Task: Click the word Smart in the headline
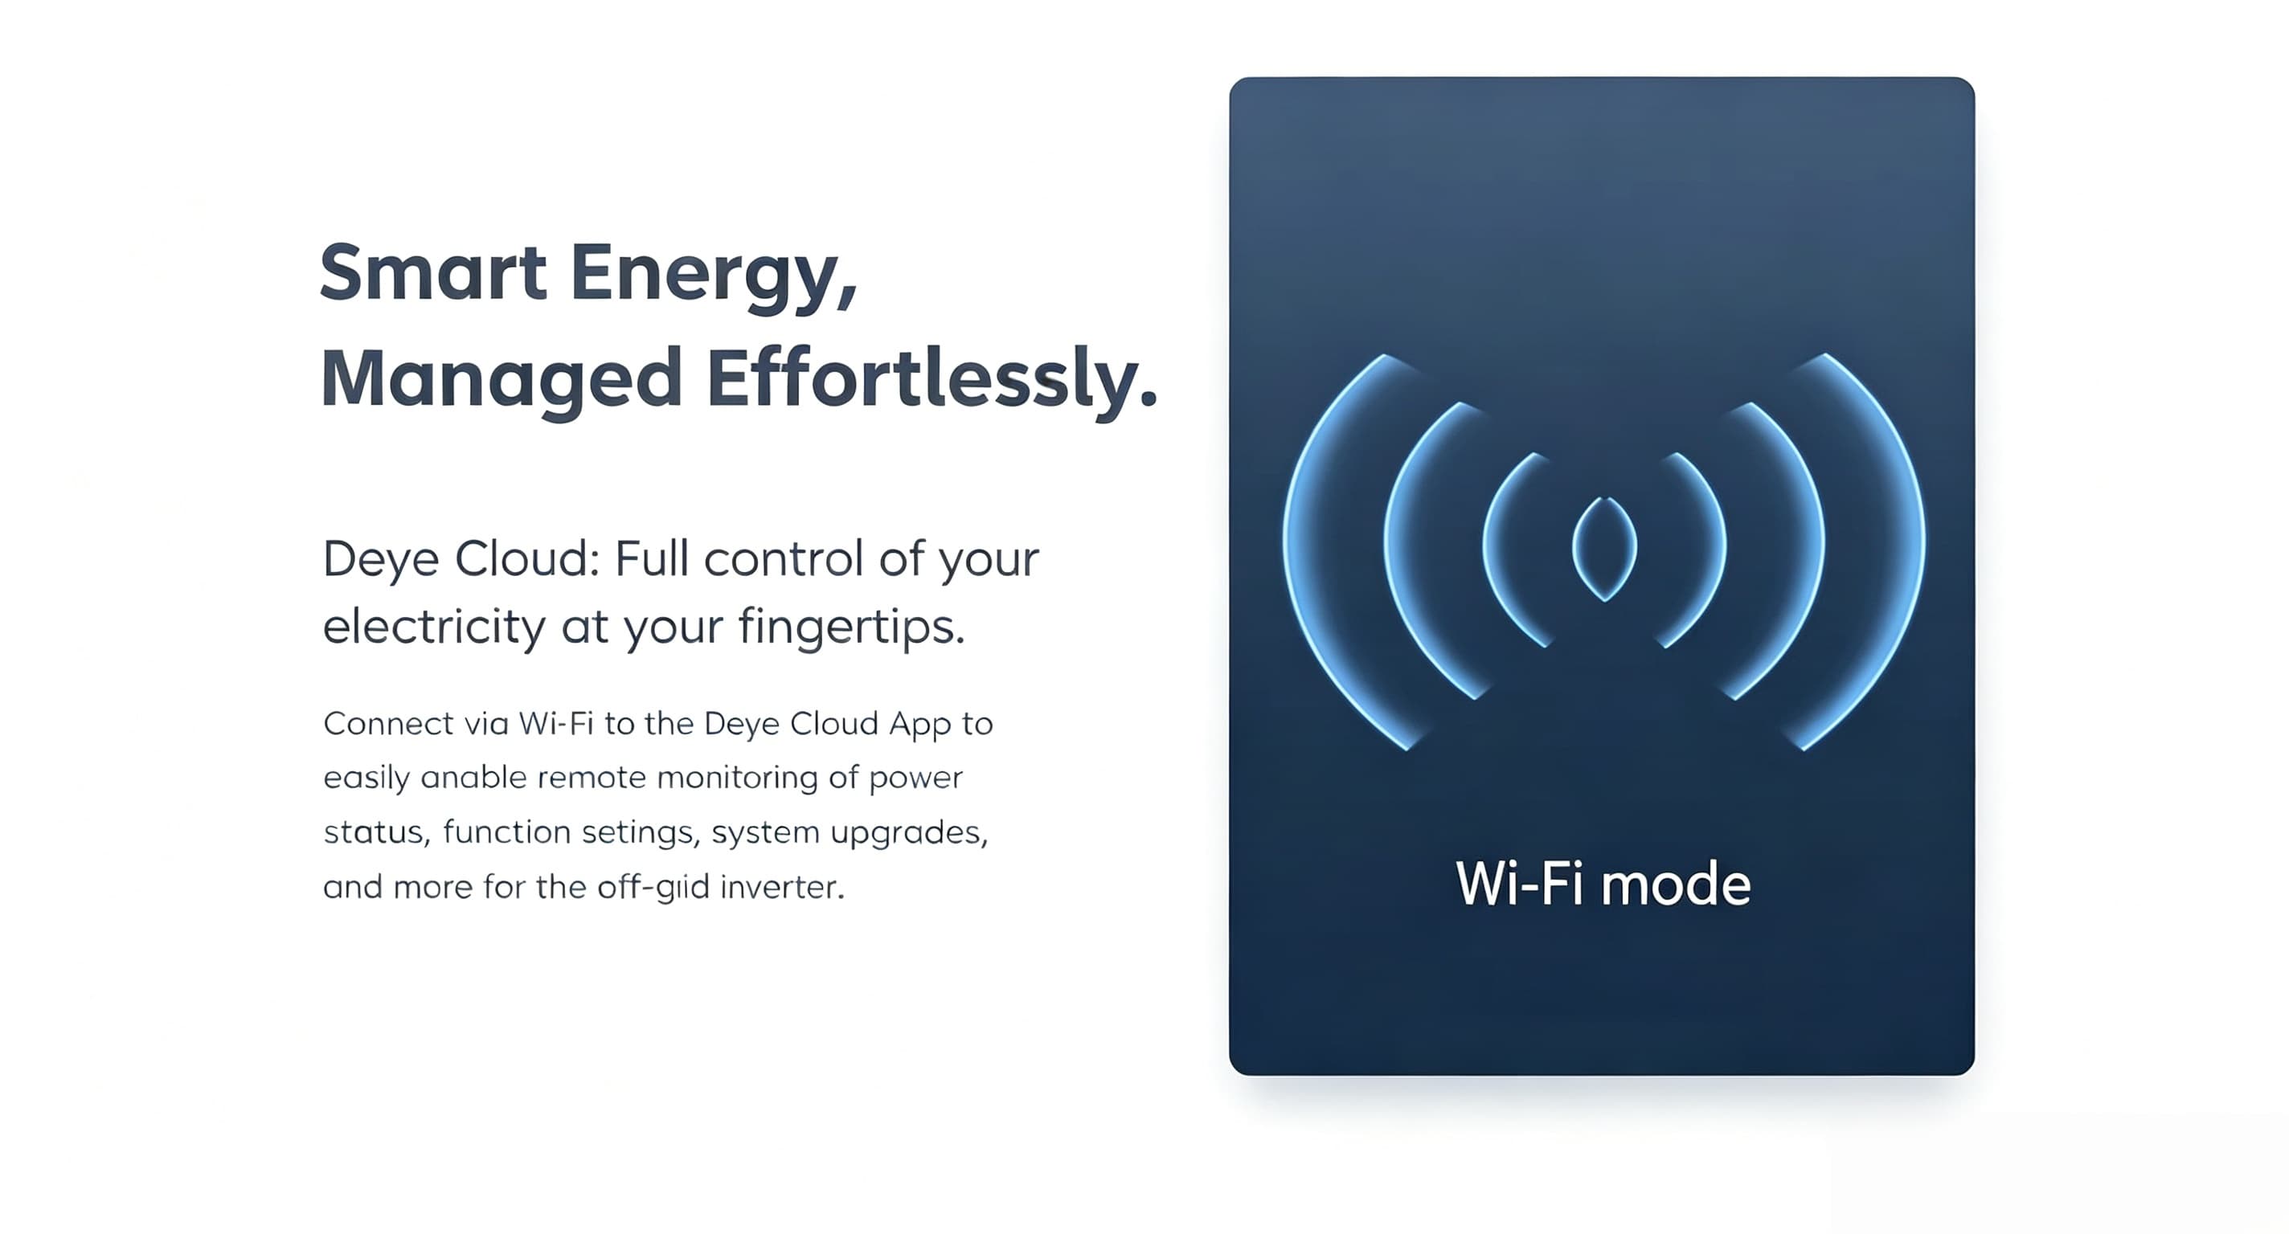pyautogui.click(x=432, y=272)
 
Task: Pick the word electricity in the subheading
pyautogui.click(x=434, y=627)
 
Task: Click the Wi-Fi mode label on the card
pyautogui.click(x=1603, y=884)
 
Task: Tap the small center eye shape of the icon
pyautogui.click(x=1604, y=548)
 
